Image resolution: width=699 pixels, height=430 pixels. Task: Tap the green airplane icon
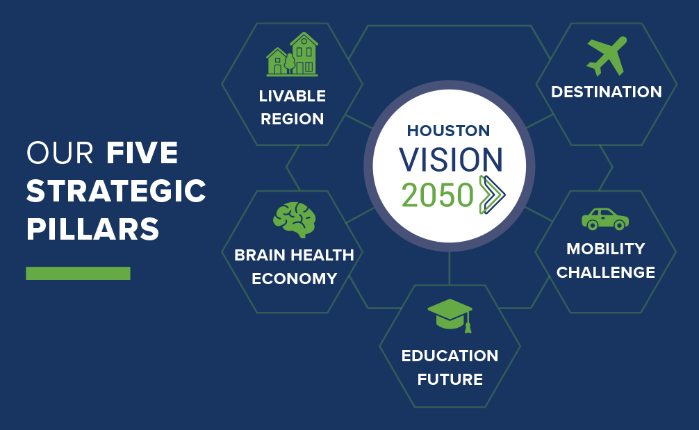tap(607, 56)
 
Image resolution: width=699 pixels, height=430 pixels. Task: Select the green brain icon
tap(294, 220)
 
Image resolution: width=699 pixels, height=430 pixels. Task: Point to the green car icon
tap(605, 220)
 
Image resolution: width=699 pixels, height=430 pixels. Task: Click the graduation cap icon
tap(450, 315)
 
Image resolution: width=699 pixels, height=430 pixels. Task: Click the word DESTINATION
tap(607, 92)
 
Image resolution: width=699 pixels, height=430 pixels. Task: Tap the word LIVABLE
tap(293, 96)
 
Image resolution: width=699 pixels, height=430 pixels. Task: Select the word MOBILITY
tap(606, 249)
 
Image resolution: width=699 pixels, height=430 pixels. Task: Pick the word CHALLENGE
tap(606, 272)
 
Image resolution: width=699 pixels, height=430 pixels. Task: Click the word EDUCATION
tap(450, 356)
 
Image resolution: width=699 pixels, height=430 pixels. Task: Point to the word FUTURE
tap(450, 379)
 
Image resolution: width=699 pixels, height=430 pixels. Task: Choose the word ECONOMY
tap(294, 279)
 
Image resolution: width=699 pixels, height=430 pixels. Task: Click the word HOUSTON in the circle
tap(448, 131)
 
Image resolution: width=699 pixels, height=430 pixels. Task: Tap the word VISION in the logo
tap(451, 160)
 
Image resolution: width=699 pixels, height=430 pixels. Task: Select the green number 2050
tap(437, 195)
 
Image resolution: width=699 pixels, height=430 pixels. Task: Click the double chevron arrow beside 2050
tap(492, 195)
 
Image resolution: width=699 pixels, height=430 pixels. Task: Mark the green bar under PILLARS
tap(78, 273)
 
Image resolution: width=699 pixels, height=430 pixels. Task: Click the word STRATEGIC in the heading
tap(116, 191)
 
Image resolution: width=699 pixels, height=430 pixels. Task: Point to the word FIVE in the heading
tap(142, 153)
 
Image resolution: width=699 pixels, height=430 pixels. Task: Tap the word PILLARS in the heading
tap(92, 229)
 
